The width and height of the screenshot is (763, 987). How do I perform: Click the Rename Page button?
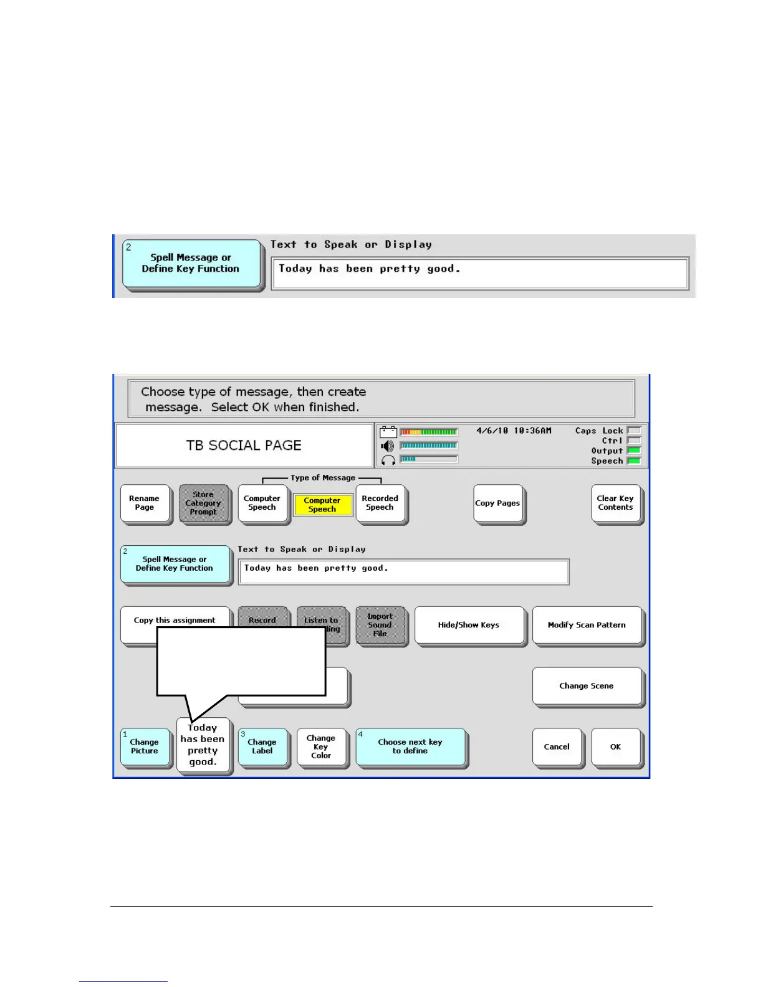coord(145,503)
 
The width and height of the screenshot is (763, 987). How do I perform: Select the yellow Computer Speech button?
coord(322,505)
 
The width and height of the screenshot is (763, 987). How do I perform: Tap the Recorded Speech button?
coord(380,503)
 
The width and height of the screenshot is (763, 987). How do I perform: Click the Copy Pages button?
coord(497,503)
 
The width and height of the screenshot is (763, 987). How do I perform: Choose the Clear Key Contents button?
coord(615,503)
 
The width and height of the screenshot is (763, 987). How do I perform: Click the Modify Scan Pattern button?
coord(587,625)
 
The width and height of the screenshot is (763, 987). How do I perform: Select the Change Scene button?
coord(587,686)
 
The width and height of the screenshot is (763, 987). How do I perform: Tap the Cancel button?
coord(557,746)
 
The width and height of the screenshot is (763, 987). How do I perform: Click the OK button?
coord(615,746)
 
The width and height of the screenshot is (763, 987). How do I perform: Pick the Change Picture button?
coord(145,746)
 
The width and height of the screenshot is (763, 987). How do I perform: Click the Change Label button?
coord(262,746)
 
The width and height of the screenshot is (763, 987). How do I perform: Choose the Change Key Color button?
coord(321,746)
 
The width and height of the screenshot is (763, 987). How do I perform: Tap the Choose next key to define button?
coord(410,746)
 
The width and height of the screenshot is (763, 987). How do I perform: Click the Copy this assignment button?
coord(175,620)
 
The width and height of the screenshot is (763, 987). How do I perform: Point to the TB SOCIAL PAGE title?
coord(244,446)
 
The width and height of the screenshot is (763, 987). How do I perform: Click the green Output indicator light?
coord(634,451)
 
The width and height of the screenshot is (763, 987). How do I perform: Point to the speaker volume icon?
coord(388,446)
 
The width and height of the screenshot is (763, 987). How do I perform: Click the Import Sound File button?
coord(380,625)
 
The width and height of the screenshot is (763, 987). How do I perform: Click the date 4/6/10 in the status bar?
coord(492,431)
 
